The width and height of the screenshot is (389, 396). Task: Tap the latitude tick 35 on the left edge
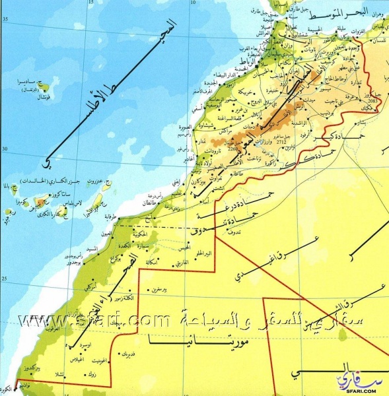click(x=6, y=20)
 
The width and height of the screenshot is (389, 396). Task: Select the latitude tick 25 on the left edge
click(x=6, y=279)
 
